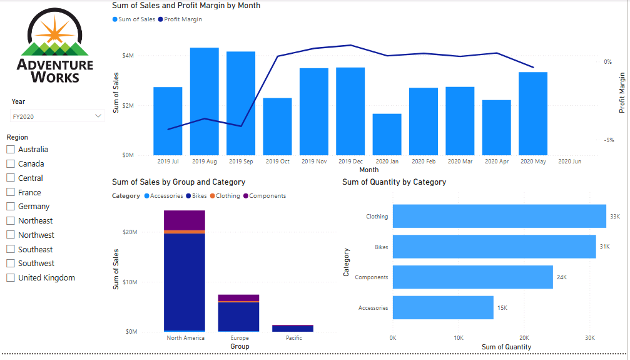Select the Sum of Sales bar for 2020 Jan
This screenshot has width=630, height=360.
pos(387,135)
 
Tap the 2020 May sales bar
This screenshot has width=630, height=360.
pos(532,113)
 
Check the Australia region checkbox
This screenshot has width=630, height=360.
pos(11,150)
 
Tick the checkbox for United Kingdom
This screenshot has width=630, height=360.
pos(11,278)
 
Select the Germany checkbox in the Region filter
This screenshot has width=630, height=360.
pos(11,207)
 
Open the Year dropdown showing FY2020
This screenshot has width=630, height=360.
pos(57,116)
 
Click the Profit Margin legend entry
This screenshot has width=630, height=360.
pos(182,19)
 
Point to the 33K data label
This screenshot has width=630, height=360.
pos(615,217)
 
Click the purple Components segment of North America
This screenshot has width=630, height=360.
pos(185,220)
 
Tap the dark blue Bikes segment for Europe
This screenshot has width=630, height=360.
pos(238,316)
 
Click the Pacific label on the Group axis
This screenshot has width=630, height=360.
pos(293,338)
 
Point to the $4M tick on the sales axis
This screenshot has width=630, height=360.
pos(128,56)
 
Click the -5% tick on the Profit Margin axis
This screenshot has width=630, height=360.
pos(609,140)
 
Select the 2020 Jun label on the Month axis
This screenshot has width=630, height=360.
pos(569,162)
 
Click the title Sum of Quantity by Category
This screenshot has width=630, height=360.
pos(394,182)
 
